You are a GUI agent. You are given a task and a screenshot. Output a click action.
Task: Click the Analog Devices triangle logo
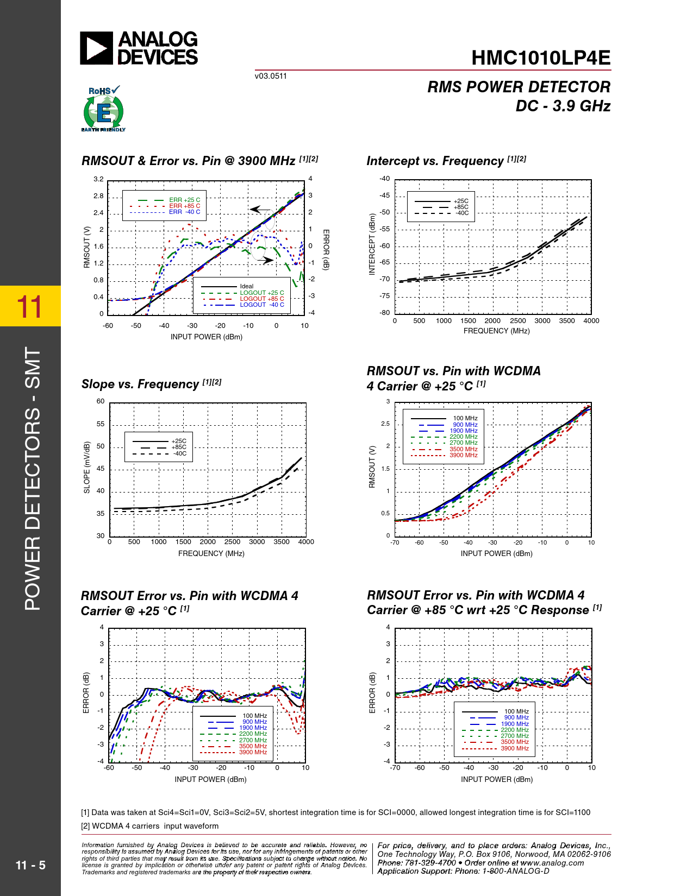tap(97, 48)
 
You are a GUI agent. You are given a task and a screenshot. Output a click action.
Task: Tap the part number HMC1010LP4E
tap(541, 58)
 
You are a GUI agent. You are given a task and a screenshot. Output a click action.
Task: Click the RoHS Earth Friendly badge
tap(103, 109)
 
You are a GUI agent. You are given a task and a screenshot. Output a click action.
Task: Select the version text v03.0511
tap(271, 76)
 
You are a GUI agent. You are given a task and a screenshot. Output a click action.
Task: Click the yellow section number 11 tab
tap(30, 306)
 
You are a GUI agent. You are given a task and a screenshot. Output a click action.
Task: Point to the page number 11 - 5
tap(30, 865)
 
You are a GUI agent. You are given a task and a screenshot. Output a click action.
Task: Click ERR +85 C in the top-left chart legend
tap(184, 206)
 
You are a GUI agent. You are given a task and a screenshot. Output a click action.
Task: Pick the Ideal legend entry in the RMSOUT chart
tap(246, 286)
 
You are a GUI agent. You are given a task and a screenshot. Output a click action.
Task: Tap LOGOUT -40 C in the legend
tap(261, 305)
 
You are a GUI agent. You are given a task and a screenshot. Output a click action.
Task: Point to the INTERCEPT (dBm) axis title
tap(372, 244)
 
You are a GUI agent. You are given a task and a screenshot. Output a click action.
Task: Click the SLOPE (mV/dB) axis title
tap(87, 468)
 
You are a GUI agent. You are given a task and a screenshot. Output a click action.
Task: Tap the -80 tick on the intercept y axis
tap(384, 313)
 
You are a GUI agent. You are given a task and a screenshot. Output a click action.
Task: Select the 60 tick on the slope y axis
tap(101, 401)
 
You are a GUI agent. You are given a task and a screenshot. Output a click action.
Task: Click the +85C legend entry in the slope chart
tap(179, 447)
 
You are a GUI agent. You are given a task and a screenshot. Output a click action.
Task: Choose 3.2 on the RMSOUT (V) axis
tap(98, 179)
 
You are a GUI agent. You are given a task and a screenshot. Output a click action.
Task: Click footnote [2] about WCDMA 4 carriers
tap(150, 826)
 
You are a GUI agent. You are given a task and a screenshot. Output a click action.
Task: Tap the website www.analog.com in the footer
tap(552, 863)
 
